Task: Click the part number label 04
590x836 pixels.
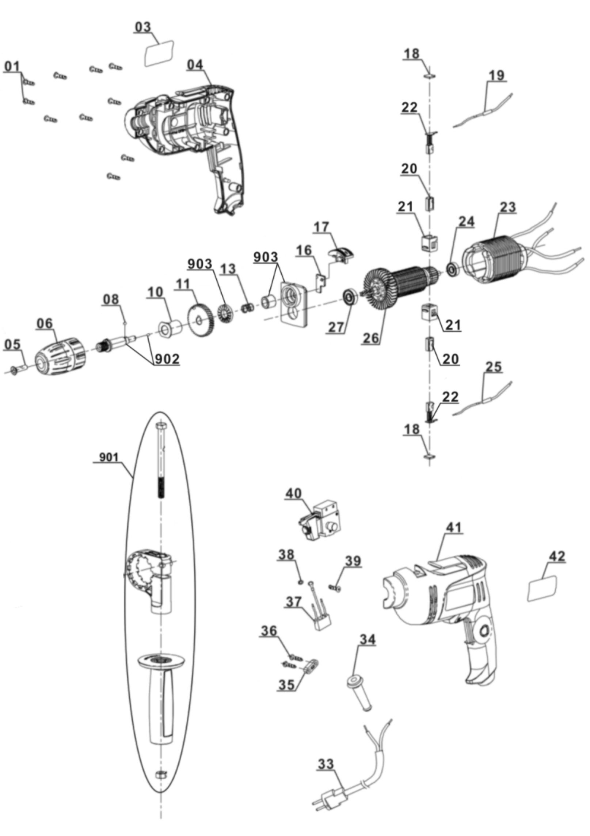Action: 195,65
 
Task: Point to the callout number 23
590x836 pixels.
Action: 508,207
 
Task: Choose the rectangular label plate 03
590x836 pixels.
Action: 160,54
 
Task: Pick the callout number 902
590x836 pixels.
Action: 167,359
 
